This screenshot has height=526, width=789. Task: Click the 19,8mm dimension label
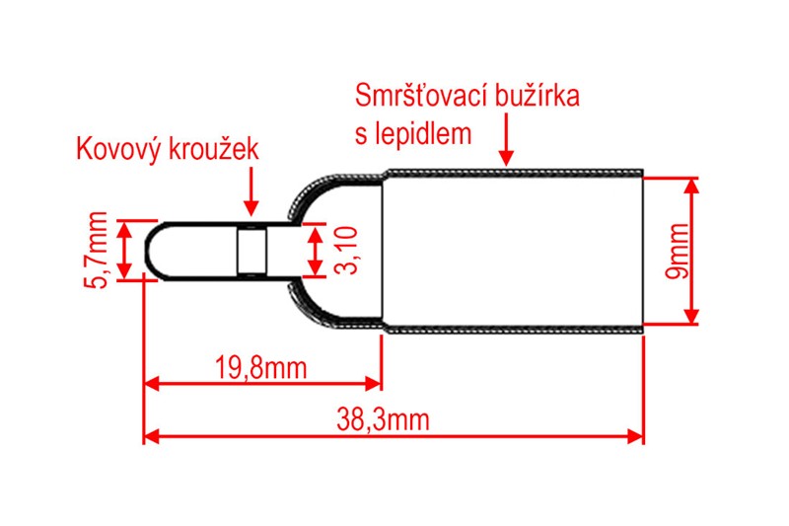[260, 368]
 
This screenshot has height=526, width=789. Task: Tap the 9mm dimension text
[678, 251]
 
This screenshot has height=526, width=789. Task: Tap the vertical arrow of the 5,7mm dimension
[124, 251]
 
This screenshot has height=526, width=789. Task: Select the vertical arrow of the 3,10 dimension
[315, 252]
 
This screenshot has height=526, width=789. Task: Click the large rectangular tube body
[513, 251]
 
